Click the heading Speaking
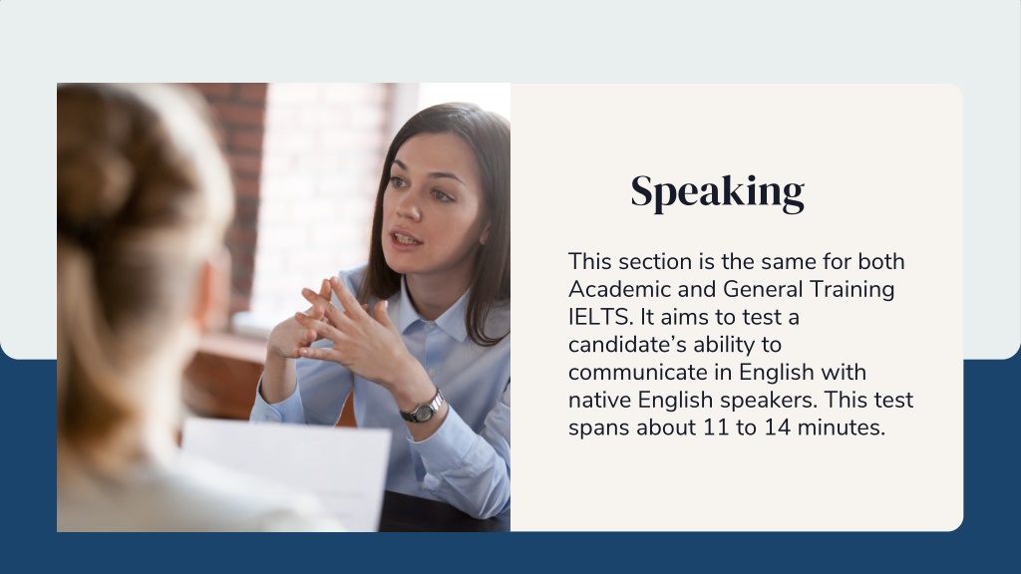pyautogui.click(x=718, y=192)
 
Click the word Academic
pyautogui.click(x=620, y=289)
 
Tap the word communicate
pyautogui.click(x=650, y=373)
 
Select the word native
pyautogui.click(x=599, y=400)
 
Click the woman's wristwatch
pyautogui.click(x=423, y=408)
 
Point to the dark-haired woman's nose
pyautogui.click(x=408, y=204)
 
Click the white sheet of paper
pyautogui.click(x=286, y=471)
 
